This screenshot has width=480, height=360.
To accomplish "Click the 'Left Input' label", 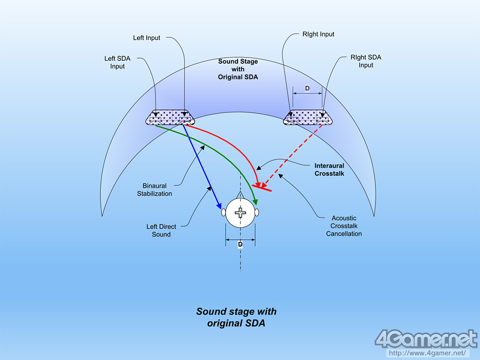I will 147,37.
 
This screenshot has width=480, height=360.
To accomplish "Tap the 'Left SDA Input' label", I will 117,62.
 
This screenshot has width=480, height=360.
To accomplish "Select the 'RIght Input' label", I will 319,34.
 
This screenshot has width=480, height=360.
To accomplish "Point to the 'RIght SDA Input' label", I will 366,61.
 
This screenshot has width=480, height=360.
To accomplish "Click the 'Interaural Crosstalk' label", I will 329,169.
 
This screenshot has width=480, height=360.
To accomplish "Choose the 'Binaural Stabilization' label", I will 154,189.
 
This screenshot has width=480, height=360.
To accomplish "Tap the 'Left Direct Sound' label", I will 161,230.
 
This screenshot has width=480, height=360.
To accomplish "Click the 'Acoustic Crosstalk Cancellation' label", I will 344,225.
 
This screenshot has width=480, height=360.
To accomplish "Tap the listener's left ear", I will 224,212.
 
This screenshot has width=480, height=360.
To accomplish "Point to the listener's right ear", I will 257,212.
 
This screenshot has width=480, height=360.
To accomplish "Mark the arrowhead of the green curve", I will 255,201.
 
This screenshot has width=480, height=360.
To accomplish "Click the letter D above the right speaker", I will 307,88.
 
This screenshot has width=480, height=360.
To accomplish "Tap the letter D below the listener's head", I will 240,244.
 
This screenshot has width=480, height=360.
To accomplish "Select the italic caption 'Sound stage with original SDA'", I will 236,317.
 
